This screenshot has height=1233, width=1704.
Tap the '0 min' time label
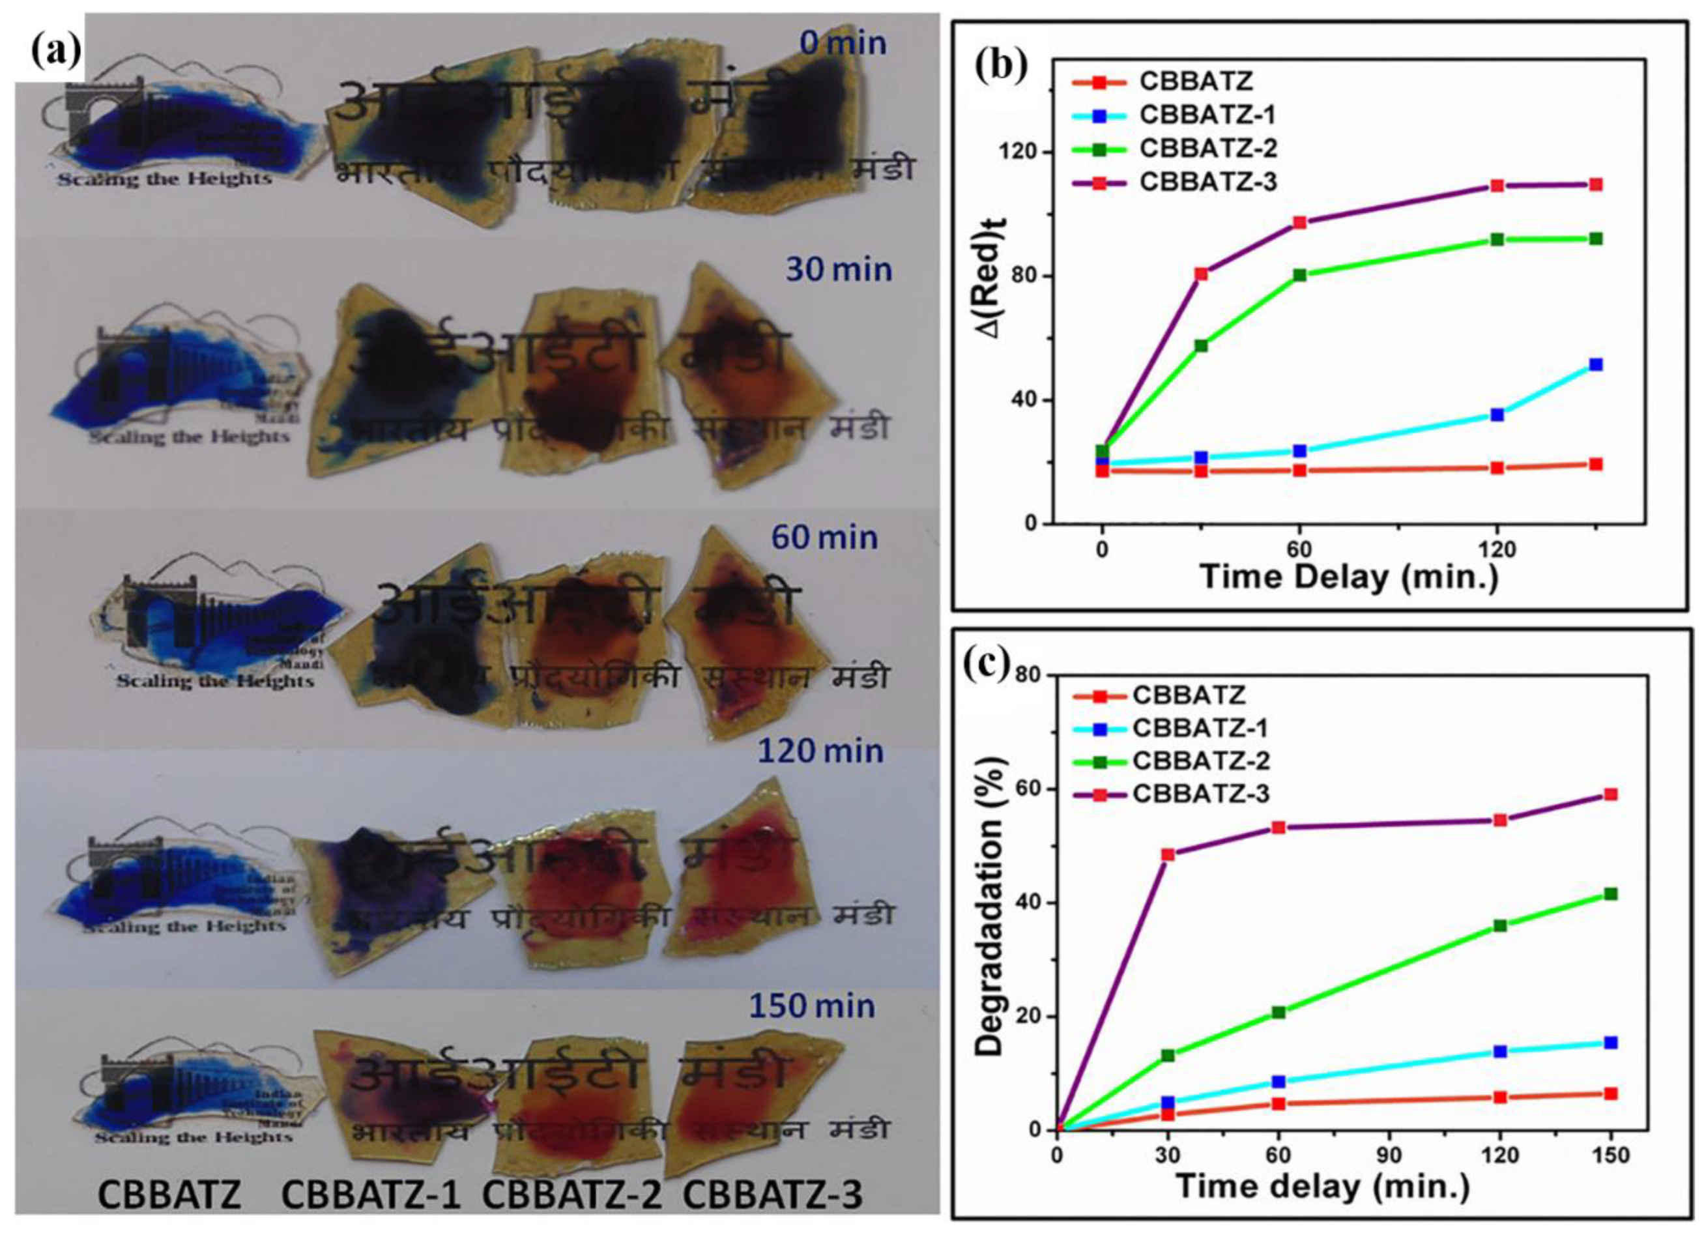click(x=843, y=43)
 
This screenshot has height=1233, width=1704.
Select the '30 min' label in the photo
click(x=839, y=269)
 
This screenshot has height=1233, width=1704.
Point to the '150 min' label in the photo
click(x=811, y=1006)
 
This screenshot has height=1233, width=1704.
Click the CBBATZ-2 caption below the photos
click(x=571, y=1195)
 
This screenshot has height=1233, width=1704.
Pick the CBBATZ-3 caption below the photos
click(x=772, y=1195)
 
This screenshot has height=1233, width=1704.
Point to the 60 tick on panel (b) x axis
click(x=1299, y=549)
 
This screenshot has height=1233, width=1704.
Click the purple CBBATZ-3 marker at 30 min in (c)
click(x=1168, y=854)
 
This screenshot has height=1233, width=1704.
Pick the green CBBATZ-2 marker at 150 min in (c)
click(x=1610, y=894)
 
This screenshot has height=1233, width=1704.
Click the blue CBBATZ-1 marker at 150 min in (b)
click(x=1596, y=364)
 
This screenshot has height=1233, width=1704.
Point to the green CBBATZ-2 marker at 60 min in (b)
click(x=1299, y=275)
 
